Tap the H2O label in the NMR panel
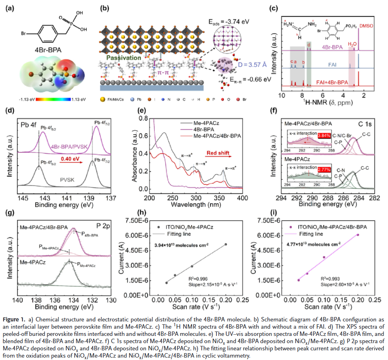pos(352,44)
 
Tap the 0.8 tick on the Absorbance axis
pos(143,119)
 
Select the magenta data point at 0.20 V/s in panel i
pos(357,235)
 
